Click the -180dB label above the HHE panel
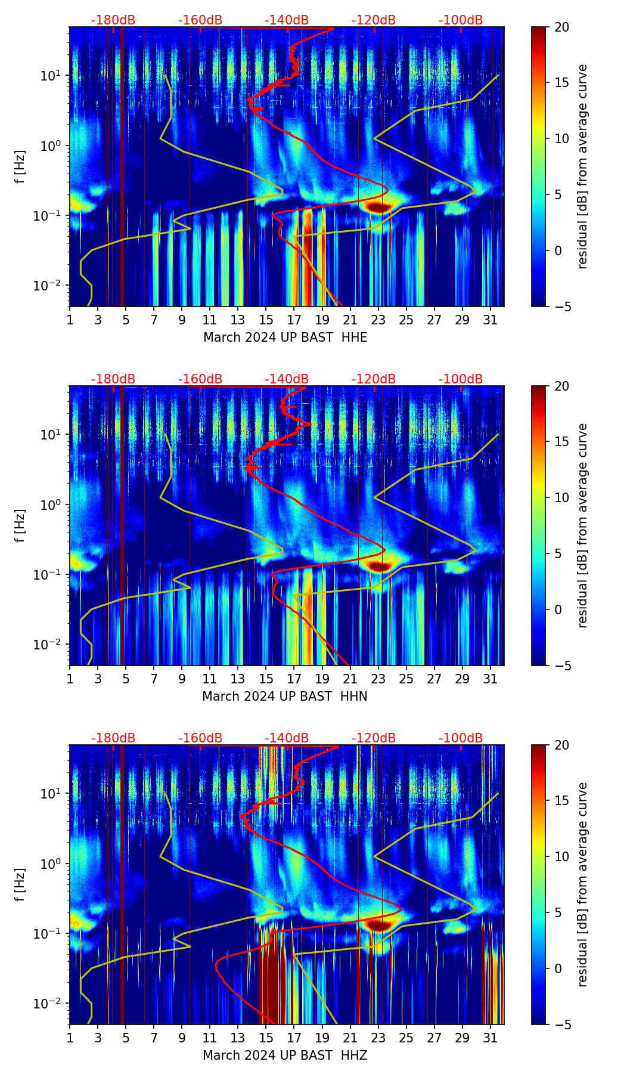[x=113, y=20]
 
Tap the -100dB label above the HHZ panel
[x=461, y=738]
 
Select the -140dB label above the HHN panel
[x=287, y=379]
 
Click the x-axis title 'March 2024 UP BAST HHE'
[x=285, y=338]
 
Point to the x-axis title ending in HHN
[x=284, y=697]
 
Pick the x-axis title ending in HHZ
[x=284, y=1056]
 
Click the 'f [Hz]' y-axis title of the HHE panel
[x=20, y=167]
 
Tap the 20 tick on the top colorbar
[x=561, y=27]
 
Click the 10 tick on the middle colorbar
[x=561, y=497]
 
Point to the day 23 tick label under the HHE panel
[x=378, y=320]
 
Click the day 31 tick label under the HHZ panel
[x=490, y=1038]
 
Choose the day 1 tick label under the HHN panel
[x=70, y=679]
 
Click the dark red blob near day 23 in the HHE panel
[x=378, y=207]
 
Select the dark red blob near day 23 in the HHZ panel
[x=378, y=924]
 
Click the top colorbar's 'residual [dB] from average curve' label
[x=582, y=167]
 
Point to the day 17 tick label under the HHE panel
[x=294, y=320]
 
